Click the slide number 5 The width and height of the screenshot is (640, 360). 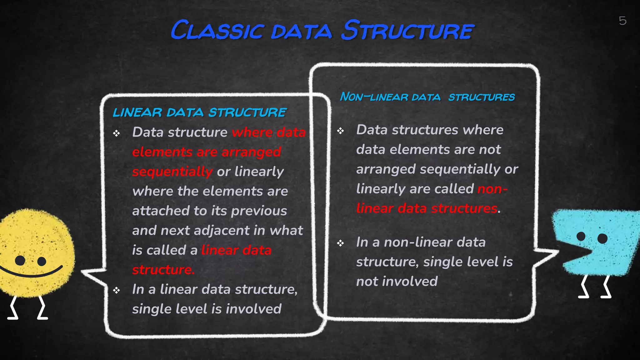(x=622, y=21)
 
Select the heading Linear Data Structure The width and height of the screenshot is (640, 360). (x=199, y=112)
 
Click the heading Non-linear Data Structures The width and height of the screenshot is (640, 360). (x=427, y=97)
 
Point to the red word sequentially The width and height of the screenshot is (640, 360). (x=172, y=172)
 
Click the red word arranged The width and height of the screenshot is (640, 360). (x=251, y=152)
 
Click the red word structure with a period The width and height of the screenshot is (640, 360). (x=163, y=270)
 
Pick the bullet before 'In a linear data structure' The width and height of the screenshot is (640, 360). (x=117, y=290)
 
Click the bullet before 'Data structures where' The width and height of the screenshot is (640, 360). (x=341, y=131)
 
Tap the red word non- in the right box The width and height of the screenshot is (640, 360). (x=492, y=189)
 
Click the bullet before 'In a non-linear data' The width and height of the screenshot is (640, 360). (x=341, y=243)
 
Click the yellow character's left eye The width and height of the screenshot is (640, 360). (x=20, y=260)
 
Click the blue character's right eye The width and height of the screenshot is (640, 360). (x=602, y=238)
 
